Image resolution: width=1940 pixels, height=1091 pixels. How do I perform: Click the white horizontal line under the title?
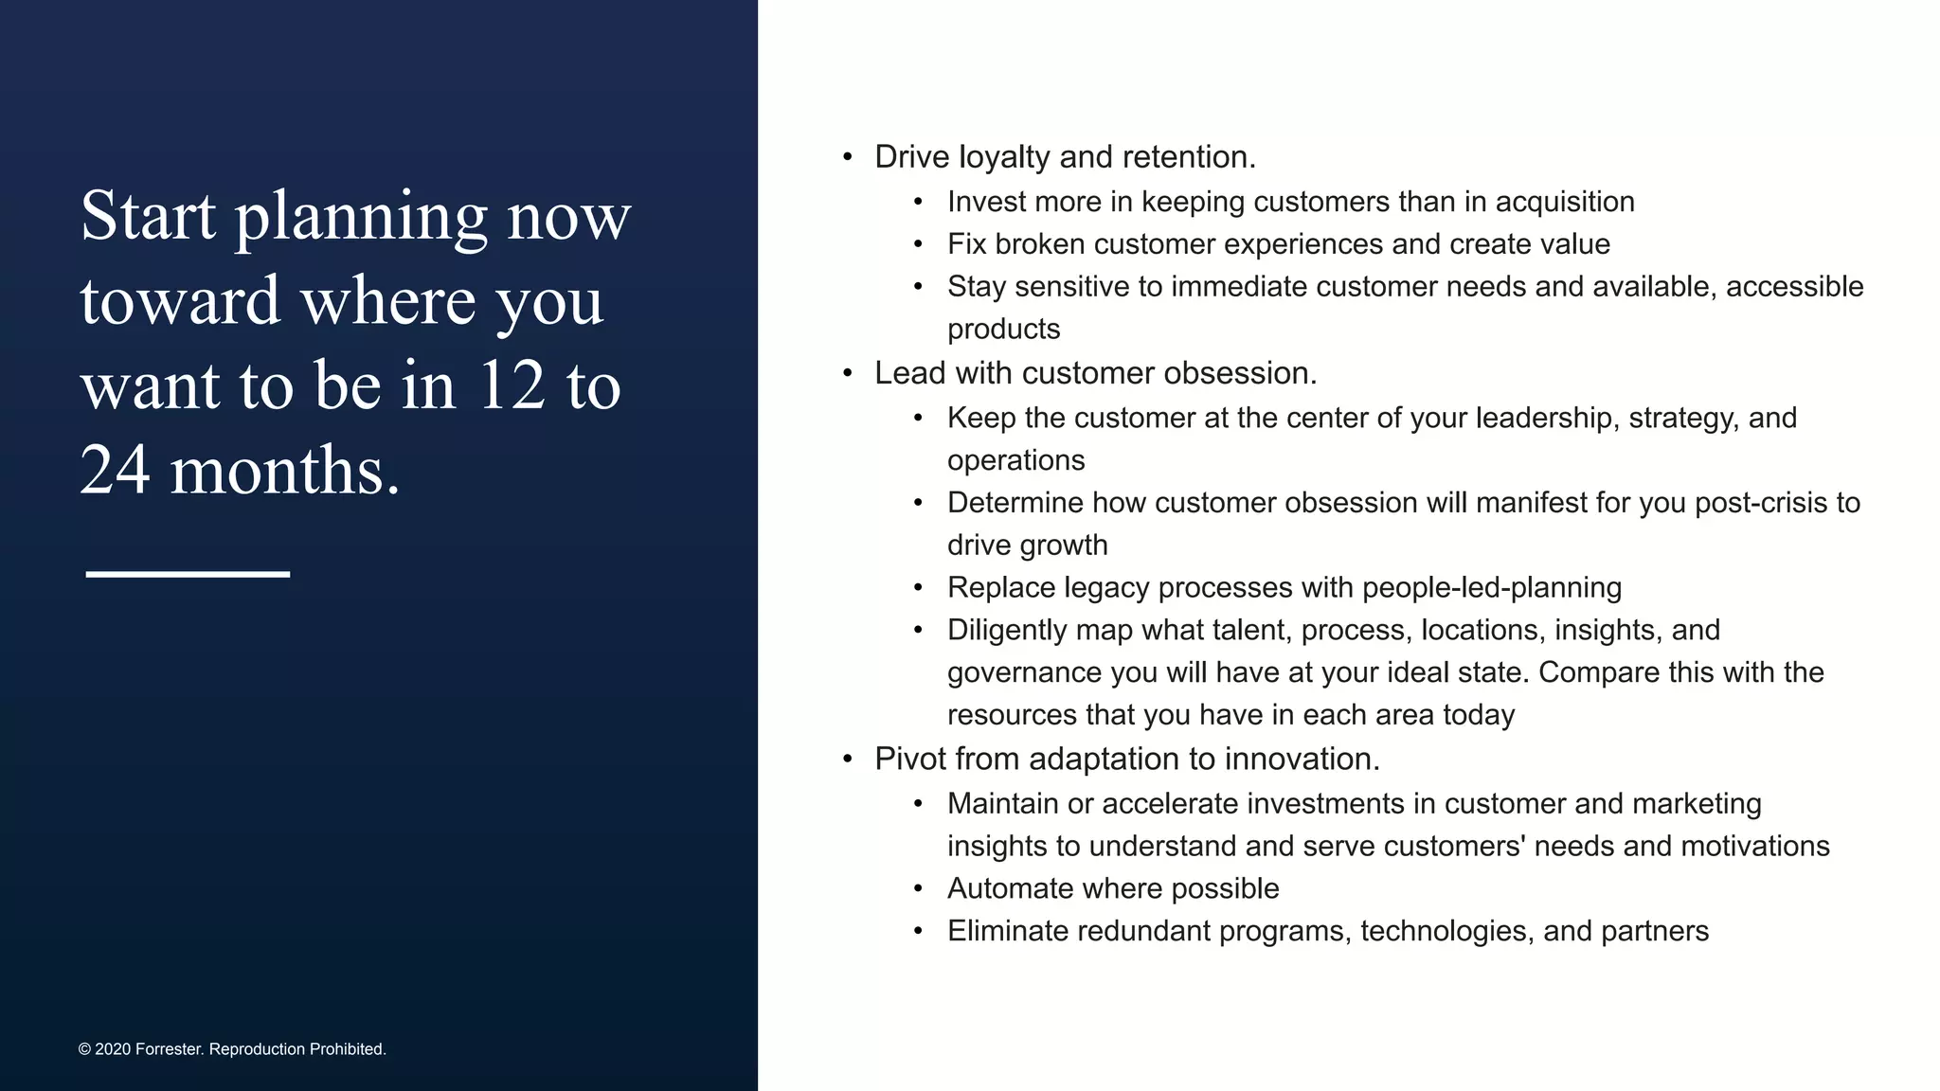tap(188, 574)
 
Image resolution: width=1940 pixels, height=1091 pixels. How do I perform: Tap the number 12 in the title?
tap(512, 385)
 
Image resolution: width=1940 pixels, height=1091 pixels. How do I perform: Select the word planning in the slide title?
tap(361, 217)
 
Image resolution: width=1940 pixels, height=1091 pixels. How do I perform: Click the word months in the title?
tap(284, 471)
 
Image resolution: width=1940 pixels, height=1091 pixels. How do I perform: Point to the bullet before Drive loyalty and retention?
tap(848, 157)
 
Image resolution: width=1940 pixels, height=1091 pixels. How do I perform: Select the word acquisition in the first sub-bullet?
tap(1565, 202)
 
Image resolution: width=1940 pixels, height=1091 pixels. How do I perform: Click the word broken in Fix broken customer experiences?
tap(1040, 244)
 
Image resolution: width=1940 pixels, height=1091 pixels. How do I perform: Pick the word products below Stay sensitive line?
tap(1003, 329)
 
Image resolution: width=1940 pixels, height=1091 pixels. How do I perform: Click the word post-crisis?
tap(1764, 502)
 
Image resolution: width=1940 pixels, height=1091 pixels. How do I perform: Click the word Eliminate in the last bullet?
tap(1008, 931)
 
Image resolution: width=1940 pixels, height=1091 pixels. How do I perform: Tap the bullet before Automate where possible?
tap(918, 888)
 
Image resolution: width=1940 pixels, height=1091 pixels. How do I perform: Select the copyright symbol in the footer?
tap(84, 1049)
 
